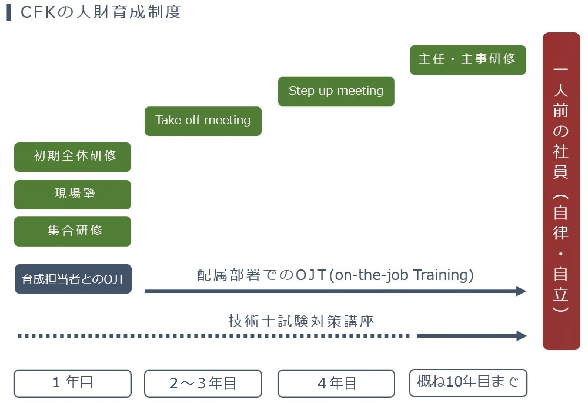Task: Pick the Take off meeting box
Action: coord(203,121)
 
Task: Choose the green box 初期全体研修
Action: coord(73,157)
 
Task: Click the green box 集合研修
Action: coord(73,231)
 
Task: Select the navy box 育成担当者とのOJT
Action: coord(73,279)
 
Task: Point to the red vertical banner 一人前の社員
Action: coord(561,191)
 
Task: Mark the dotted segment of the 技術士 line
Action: coord(213,336)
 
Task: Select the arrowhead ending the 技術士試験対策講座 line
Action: coord(521,336)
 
